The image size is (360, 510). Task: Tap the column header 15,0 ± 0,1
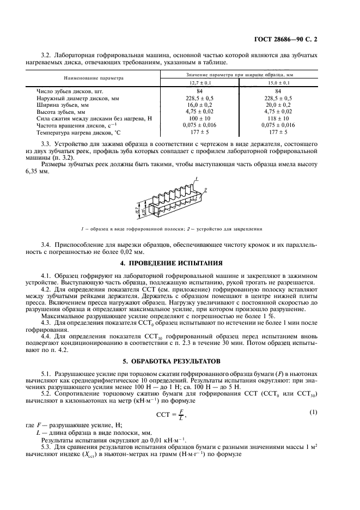tap(278, 82)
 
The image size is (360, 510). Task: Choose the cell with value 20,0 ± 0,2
tap(278, 104)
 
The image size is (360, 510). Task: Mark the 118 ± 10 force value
tap(278, 118)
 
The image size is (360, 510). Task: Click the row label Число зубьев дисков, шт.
tap(69, 90)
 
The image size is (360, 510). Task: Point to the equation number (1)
tap(314, 412)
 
